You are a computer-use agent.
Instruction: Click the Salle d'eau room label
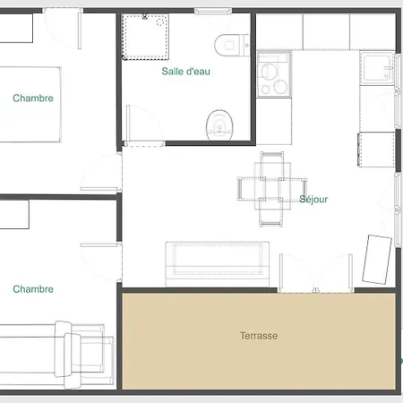point(185,72)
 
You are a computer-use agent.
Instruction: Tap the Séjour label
point(313,199)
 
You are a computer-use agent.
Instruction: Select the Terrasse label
point(259,336)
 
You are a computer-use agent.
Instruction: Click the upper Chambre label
point(33,98)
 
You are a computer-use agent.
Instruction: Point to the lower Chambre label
point(33,289)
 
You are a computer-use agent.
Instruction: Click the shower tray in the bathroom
point(145,37)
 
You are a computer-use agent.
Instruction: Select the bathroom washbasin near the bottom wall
point(219,125)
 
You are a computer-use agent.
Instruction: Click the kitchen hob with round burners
point(274,74)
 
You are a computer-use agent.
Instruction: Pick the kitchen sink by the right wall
point(377,69)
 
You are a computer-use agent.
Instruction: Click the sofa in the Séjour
point(218,264)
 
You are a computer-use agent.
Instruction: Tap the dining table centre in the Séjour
point(272,190)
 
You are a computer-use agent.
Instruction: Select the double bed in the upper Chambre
point(30,105)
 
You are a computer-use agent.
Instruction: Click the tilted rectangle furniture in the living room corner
point(377,259)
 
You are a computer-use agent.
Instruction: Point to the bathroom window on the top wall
point(213,12)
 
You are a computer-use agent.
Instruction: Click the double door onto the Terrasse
point(316,273)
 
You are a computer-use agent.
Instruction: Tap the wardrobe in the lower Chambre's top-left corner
point(14,214)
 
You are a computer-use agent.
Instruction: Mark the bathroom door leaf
point(128,124)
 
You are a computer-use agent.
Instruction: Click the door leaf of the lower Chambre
point(99,245)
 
